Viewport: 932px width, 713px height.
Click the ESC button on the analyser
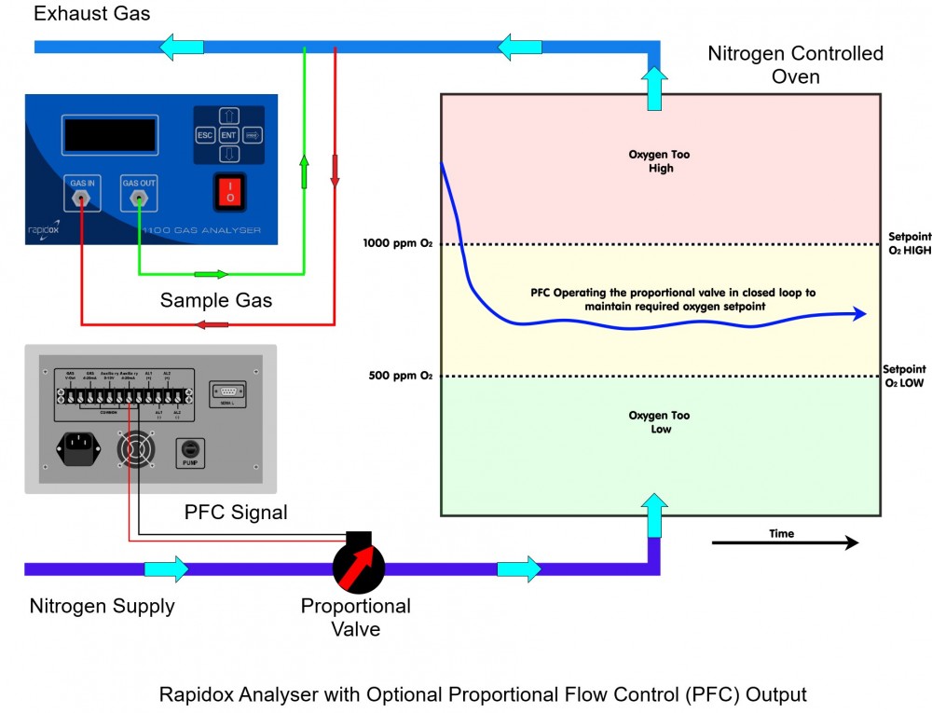coord(205,135)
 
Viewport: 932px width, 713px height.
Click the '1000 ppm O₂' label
coord(398,244)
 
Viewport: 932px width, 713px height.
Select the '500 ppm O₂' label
coord(401,376)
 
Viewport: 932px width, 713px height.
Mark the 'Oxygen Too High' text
coord(661,161)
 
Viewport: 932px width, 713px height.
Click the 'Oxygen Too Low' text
coord(661,422)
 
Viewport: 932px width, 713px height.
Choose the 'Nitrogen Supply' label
coord(103,607)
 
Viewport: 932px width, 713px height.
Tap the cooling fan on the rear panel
coord(136,449)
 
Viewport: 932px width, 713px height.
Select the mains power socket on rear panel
coord(79,448)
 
